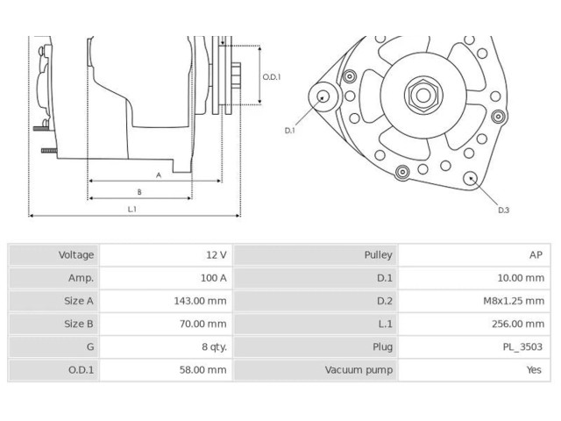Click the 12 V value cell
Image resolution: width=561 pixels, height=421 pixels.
coord(216,255)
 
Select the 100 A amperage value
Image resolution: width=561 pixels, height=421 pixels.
coord(213,278)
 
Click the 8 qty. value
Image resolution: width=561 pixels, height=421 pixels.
coord(213,346)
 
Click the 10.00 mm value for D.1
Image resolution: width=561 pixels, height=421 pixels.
coord(522,278)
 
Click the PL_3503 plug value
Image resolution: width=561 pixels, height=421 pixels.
coord(523,346)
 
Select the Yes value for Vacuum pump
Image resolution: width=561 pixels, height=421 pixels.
coord(534,369)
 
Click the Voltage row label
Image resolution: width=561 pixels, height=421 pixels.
coord(76,255)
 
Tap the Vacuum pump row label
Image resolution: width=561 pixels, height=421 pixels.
coord(359,369)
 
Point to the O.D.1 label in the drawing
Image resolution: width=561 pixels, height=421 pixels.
coord(272,77)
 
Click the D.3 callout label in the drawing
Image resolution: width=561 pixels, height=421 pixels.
coord(503,210)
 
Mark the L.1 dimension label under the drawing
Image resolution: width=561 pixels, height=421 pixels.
coord(132,209)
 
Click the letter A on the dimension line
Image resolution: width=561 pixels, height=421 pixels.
coord(159,175)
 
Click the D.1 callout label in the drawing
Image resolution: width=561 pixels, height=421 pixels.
coord(290,130)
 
